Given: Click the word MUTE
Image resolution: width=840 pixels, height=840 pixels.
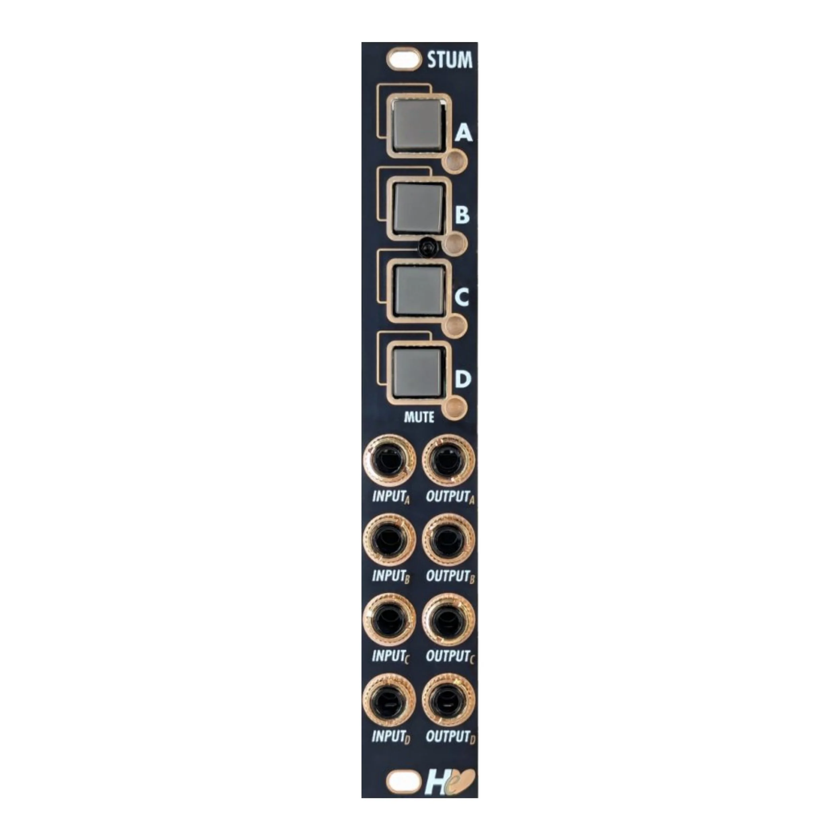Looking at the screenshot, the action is (x=419, y=417).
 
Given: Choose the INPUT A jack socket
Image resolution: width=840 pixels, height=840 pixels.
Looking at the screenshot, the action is (x=389, y=461).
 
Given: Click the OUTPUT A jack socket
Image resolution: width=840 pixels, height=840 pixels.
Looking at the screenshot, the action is (x=449, y=461).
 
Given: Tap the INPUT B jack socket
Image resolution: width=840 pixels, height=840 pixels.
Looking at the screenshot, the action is (x=389, y=540).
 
